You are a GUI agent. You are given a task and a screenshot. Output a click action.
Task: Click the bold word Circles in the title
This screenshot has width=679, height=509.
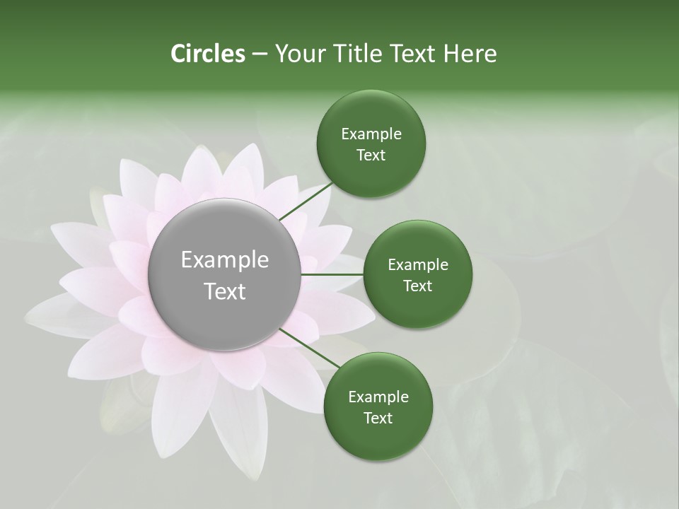[208, 54]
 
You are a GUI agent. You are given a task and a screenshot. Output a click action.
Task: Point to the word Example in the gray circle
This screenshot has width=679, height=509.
[225, 260]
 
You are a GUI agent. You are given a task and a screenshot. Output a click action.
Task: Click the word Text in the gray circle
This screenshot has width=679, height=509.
[225, 291]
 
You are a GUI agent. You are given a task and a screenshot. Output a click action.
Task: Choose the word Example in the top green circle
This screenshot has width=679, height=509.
[371, 134]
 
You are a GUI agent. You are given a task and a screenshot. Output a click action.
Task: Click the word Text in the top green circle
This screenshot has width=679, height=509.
[371, 156]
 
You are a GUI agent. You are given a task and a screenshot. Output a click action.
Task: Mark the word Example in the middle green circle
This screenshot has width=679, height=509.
[418, 265]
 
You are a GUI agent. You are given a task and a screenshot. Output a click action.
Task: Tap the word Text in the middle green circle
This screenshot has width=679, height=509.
[418, 286]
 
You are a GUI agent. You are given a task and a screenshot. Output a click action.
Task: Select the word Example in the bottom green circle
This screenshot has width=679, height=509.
[378, 397]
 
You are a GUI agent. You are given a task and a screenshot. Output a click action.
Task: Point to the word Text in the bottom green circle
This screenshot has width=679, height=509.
[378, 418]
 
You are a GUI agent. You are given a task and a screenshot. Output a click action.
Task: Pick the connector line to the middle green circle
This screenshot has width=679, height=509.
[332, 274]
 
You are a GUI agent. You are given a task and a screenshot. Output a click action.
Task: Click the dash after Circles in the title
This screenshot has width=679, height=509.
[260, 54]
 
